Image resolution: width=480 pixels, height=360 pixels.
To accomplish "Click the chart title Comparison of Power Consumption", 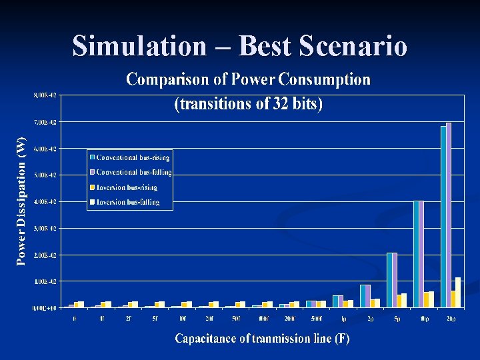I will coord(248,80).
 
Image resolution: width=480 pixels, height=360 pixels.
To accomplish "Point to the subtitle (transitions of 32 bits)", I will coord(248,105).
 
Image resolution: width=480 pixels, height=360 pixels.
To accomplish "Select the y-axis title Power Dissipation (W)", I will coord(21,201).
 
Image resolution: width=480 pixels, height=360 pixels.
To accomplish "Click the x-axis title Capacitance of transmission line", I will coord(262,339).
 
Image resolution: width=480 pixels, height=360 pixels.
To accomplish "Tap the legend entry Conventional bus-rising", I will coord(133,158).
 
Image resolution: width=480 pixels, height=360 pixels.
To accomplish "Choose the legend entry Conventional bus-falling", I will coord(133,173).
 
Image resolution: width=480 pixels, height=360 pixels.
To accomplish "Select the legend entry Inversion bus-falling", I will coord(128,201).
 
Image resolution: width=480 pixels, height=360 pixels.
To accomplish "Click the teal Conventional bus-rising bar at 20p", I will coord(443,217).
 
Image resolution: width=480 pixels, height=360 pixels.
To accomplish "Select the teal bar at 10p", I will coord(416,254).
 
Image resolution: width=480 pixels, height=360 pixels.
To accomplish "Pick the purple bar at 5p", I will coord(395,280).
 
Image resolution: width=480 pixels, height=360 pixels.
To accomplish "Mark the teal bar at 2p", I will coord(363,296).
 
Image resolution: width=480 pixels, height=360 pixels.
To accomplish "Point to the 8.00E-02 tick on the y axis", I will coord(45,95).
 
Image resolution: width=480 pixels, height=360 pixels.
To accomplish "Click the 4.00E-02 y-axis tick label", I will coord(45,201).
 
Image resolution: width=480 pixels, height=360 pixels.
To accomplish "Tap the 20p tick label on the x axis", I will coord(451,319).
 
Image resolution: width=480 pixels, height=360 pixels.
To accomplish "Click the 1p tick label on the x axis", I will coord(343,319).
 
